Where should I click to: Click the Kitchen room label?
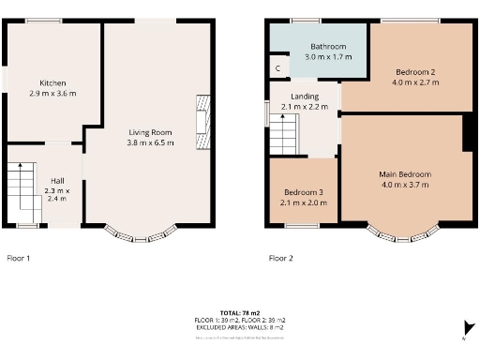coord(52,82)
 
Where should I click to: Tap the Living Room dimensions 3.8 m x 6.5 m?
coord(151,143)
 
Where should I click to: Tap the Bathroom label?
coord(329,47)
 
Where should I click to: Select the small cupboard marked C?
coord(277,69)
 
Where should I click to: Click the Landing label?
coord(305,97)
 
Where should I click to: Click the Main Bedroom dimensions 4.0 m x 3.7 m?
coord(404,185)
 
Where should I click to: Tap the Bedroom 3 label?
coord(303,191)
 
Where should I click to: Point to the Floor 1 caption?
coord(19,257)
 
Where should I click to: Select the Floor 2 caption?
coord(281,257)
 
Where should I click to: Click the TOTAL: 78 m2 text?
coord(239,312)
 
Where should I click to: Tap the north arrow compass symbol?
coord(466,327)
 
